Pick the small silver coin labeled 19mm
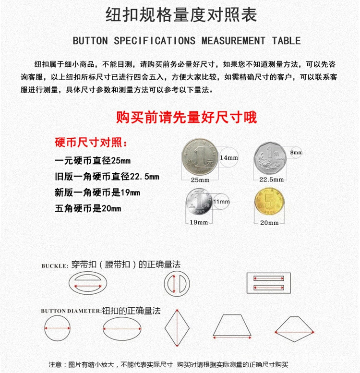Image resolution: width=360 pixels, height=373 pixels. tap(199, 203)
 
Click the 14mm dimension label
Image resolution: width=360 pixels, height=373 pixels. tap(228, 158)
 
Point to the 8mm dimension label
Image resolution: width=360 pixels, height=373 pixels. tap(296, 153)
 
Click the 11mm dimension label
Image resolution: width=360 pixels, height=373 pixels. tap(221, 202)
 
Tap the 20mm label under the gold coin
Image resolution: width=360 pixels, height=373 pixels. tap(269, 223)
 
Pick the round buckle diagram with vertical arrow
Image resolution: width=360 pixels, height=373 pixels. tap(176, 284)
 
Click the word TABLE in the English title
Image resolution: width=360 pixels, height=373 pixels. tap(286, 41)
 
